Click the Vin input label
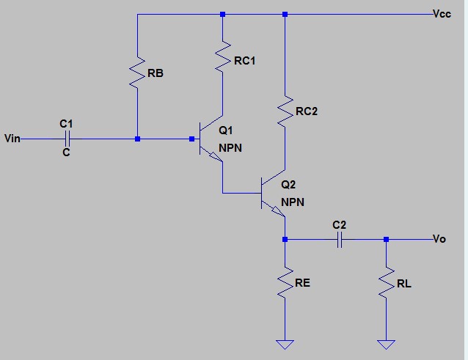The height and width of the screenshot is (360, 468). pyautogui.click(x=12, y=138)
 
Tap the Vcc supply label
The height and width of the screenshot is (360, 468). pyautogui.click(x=443, y=14)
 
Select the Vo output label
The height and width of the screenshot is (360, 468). pyautogui.click(x=439, y=239)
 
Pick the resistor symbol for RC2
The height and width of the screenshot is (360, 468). pyautogui.click(x=285, y=111)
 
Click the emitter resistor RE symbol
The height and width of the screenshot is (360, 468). pyautogui.click(x=285, y=283)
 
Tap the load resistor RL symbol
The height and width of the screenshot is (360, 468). pyautogui.click(x=385, y=283)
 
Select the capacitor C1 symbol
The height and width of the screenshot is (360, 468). pyautogui.click(x=67, y=138)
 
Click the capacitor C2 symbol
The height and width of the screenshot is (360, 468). pyautogui.click(x=338, y=239)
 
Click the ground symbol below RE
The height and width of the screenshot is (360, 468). pyautogui.click(x=285, y=342)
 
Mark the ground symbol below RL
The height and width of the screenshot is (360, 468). pyautogui.click(x=385, y=342)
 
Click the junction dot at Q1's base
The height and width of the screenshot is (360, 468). pyautogui.click(x=137, y=138)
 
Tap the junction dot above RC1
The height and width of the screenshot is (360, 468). pyautogui.click(x=222, y=14)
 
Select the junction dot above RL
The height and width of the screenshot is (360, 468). pyautogui.click(x=385, y=239)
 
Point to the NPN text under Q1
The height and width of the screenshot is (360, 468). pyautogui.click(x=230, y=147)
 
